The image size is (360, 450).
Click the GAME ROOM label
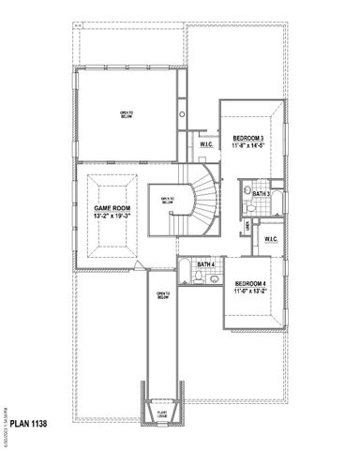coord(112,207)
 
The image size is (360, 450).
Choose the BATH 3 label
coord(262,194)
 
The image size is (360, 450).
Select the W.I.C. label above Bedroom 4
coord(270,239)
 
